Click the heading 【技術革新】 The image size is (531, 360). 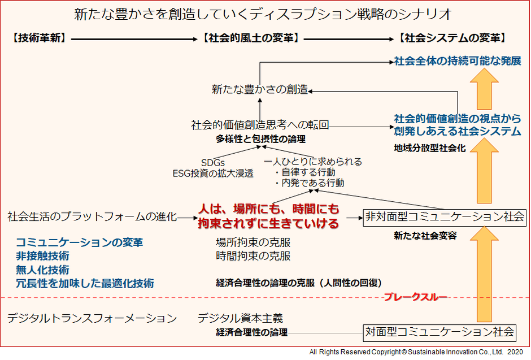click(40, 38)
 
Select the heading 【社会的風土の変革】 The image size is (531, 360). click(251, 38)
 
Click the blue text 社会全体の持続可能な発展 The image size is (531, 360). click(458, 61)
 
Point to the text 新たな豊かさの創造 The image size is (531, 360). click(260, 89)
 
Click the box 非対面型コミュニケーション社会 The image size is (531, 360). click(445, 217)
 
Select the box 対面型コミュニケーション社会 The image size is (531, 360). click(439, 332)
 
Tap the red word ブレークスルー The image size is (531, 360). click(415, 297)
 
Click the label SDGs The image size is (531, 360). click(212, 163)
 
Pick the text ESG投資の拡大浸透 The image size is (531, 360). click(213, 174)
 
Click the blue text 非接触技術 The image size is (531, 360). click(42, 256)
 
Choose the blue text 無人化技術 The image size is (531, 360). click(42, 270)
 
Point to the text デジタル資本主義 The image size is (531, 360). click(240, 318)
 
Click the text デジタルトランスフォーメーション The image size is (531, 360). click(92, 318)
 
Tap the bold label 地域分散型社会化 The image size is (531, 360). click(430, 148)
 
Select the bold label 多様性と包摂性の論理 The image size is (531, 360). click(260, 139)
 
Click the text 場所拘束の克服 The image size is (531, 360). click(253, 242)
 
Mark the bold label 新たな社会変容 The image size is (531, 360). click(425, 235)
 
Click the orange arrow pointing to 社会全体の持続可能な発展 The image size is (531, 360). click(484, 89)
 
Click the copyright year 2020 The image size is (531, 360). click(515, 352)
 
